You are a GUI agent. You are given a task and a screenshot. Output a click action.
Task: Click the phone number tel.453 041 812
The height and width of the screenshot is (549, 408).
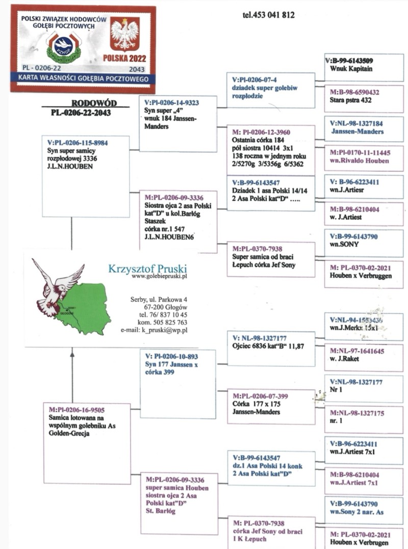pyautogui.click(x=268, y=15)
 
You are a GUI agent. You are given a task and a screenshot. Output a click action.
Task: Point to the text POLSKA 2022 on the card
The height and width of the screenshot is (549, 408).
pyautogui.click(x=124, y=58)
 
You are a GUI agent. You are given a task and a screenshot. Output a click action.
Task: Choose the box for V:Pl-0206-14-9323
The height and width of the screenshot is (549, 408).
pyautogui.click(x=177, y=122)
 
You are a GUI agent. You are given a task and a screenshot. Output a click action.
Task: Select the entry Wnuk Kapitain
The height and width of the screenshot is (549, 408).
pyautogui.click(x=351, y=68)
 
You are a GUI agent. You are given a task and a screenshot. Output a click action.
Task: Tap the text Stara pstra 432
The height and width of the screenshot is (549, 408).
pyautogui.click(x=351, y=100)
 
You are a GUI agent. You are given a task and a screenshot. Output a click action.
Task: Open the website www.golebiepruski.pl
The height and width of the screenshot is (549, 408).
pyautogui.click(x=160, y=276)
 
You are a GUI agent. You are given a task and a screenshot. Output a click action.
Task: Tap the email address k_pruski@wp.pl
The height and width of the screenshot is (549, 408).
pyautogui.click(x=162, y=330)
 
